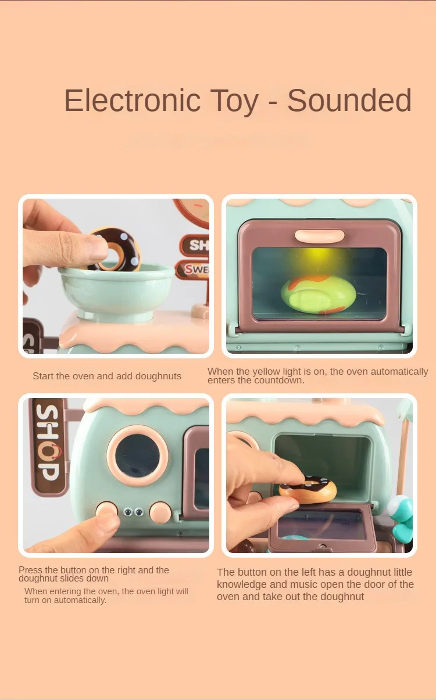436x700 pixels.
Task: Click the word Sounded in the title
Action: (349, 100)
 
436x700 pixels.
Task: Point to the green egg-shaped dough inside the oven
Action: (318, 293)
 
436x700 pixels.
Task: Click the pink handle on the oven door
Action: (319, 236)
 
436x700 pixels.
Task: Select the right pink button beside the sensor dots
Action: (161, 511)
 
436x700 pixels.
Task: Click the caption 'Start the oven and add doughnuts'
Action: (107, 376)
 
